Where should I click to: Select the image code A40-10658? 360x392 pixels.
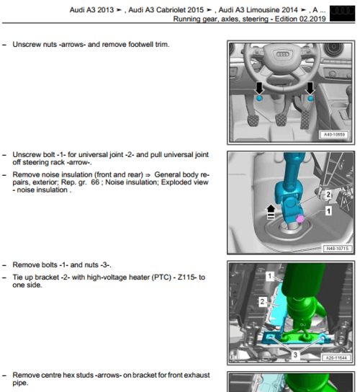point(333,134)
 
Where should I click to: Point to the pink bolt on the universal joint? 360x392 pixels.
point(300,218)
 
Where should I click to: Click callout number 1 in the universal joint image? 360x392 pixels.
point(328,211)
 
